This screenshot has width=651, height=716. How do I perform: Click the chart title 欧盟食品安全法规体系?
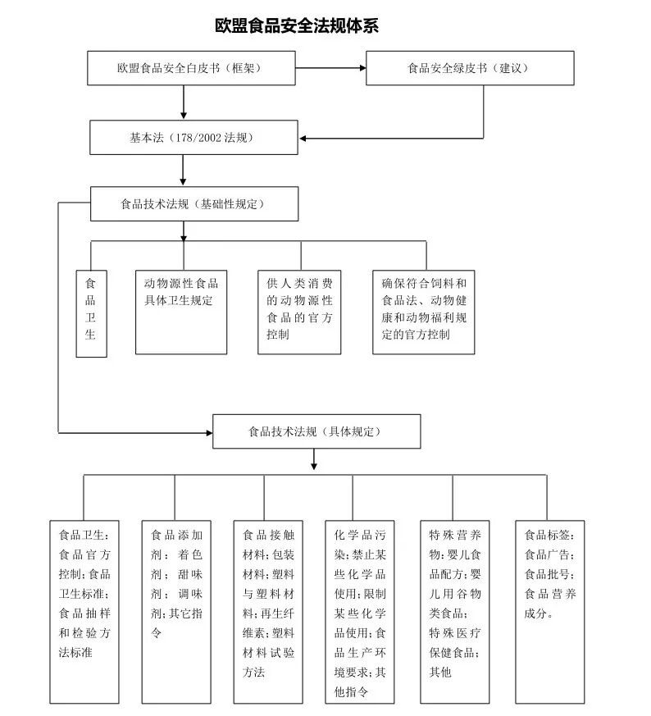tap(296, 25)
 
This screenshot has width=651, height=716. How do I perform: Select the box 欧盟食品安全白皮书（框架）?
tap(190, 68)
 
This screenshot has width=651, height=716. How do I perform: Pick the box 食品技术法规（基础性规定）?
tap(193, 203)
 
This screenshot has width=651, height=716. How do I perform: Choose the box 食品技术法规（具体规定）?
tap(316, 431)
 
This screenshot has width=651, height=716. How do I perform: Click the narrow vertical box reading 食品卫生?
tap(91, 313)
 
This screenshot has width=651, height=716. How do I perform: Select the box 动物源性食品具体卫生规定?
tap(181, 311)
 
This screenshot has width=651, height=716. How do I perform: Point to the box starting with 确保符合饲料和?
tap(423, 311)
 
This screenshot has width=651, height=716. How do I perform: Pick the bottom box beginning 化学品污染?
tap(359, 611)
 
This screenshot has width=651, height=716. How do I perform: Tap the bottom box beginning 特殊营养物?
tap(454, 611)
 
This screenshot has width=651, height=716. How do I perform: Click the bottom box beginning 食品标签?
tap(549, 611)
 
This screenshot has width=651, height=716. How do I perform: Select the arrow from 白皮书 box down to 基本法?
tap(184, 102)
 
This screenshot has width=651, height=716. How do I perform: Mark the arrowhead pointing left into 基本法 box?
tap(300, 137)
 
